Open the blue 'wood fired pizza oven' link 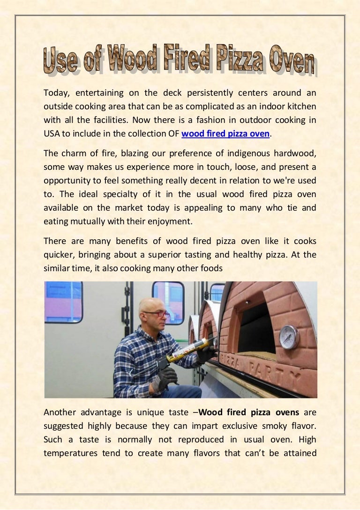click(225, 134)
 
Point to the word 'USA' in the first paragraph click(51, 134)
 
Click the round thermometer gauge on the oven click(289, 337)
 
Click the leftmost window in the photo click(63, 302)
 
